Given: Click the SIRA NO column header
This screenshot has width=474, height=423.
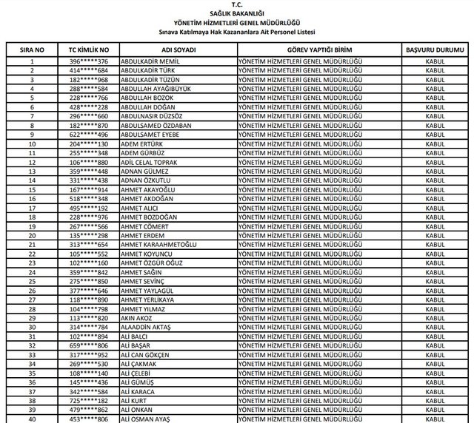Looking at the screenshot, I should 32,49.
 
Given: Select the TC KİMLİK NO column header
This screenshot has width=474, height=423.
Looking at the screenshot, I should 89,49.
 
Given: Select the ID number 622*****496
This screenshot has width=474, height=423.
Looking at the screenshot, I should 89,135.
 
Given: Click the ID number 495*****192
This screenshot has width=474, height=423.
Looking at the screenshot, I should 89,208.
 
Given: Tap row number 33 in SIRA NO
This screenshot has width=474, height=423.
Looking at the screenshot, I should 32,355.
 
